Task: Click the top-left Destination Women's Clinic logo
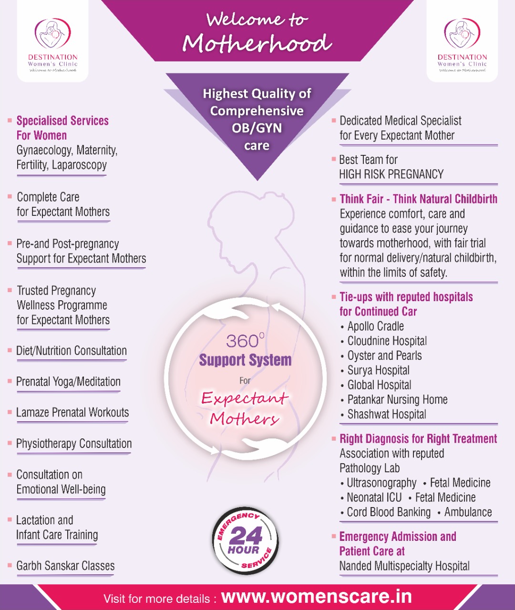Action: tap(53, 45)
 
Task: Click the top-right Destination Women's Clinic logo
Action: tap(462, 45)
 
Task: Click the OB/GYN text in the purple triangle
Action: tap(257, 128)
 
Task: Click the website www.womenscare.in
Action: tap(316, 596)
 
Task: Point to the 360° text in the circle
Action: tap(245, 341)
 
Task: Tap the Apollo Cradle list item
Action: tap(376, 326)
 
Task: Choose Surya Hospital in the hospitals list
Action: tap(378, 370)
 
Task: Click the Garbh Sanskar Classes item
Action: tap(65, 566)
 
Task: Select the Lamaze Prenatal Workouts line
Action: tap(72, 413)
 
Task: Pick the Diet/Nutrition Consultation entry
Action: tap(72, 351)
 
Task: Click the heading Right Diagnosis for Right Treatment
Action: tap(418, 439)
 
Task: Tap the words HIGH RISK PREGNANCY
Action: tap(391, 174)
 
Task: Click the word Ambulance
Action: tap(468, 512)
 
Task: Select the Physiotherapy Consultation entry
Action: tap(74, 444)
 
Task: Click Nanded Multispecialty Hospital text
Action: tap(404, 566)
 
